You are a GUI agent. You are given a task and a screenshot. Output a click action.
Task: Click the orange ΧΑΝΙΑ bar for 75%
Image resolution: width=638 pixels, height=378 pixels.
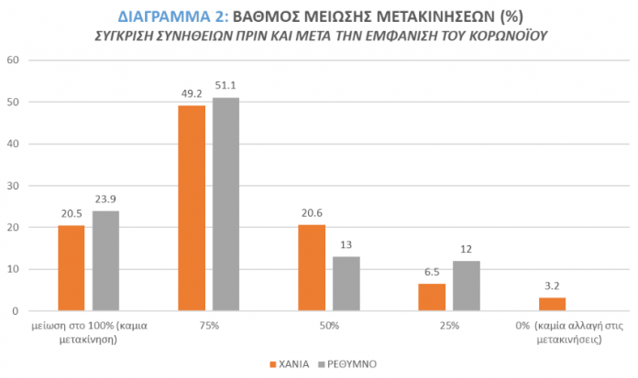tap(192, 209)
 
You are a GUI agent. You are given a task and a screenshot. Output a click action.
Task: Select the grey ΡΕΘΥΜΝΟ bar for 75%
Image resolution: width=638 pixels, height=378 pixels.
tap(225, 204)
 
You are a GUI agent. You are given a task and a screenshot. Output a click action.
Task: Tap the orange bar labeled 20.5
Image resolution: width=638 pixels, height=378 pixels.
tap(71, 268)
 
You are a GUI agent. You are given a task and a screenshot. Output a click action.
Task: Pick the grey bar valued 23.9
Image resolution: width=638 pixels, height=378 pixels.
tap(105, 261)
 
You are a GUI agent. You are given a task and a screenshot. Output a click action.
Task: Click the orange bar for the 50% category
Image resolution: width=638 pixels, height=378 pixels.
tap(312, 268)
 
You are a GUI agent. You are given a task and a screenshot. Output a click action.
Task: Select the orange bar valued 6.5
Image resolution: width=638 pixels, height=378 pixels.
tap(432, 297)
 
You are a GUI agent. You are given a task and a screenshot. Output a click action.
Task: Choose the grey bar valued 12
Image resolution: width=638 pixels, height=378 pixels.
tap(466, 286)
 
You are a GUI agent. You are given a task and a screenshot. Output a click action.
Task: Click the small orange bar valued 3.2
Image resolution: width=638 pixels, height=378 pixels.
tap(553, 304)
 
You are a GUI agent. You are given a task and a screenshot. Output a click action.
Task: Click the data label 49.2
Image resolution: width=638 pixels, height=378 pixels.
tap(192, 95)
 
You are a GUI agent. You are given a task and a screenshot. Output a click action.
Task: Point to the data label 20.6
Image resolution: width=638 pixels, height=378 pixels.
tap(312, 215)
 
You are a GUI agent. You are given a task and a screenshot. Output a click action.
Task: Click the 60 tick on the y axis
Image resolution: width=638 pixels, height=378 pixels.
tap(12, 60)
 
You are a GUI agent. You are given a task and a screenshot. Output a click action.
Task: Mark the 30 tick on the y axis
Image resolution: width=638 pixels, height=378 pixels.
tap(12, 186)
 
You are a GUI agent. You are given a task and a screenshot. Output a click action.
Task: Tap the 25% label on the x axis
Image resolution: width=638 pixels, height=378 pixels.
tap(448, 325)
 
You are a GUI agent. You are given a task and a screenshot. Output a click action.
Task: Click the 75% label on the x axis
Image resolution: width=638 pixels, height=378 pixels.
tap(208, 325)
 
